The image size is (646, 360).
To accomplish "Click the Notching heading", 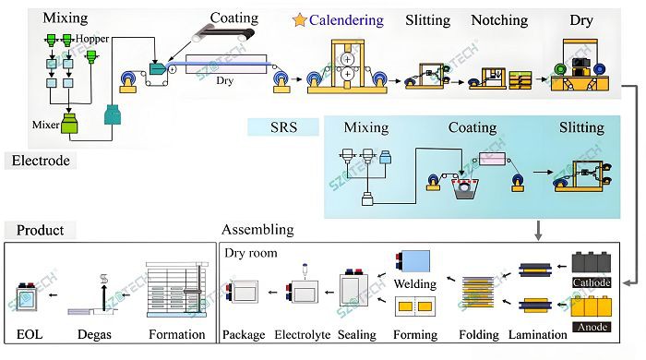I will point(499,20).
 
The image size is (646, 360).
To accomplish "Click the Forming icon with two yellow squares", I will point(415,306).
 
